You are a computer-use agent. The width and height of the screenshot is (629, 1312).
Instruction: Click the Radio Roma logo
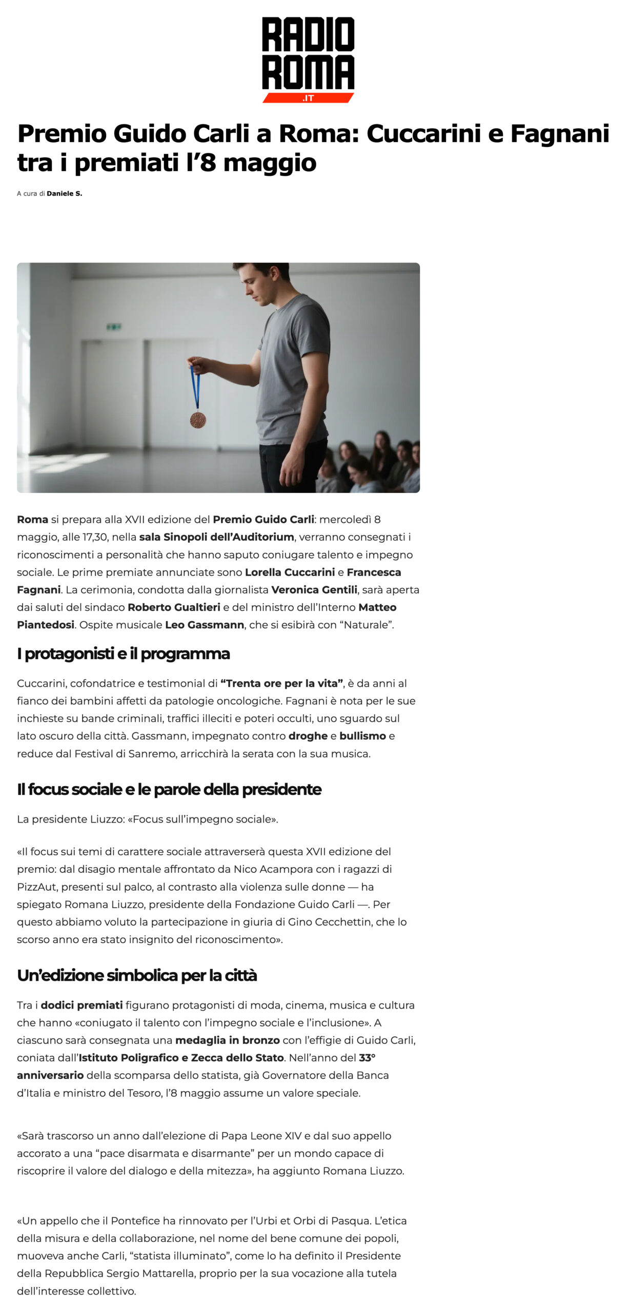308,54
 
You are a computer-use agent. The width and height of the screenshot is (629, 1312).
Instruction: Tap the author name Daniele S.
64,194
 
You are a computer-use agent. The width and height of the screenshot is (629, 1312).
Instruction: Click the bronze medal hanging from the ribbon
198,420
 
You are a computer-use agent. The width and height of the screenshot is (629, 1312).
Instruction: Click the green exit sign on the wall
114,326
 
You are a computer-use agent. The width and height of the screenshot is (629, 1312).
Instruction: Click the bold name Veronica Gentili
314,589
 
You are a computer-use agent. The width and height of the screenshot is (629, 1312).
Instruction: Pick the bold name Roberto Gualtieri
174,607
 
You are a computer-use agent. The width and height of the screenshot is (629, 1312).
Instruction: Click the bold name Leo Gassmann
204,625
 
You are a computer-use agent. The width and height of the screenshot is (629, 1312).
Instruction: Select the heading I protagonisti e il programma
123,654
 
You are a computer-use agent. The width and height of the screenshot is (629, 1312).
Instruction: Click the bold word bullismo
362,736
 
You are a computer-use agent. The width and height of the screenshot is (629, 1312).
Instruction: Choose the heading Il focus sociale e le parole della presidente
169,789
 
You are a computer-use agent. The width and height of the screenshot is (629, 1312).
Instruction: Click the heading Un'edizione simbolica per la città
137,975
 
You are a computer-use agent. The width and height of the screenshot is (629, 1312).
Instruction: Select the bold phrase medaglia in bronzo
227,1040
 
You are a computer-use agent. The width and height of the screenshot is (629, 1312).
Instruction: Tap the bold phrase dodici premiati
82,1005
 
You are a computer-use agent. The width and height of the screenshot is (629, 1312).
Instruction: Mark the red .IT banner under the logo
308,98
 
